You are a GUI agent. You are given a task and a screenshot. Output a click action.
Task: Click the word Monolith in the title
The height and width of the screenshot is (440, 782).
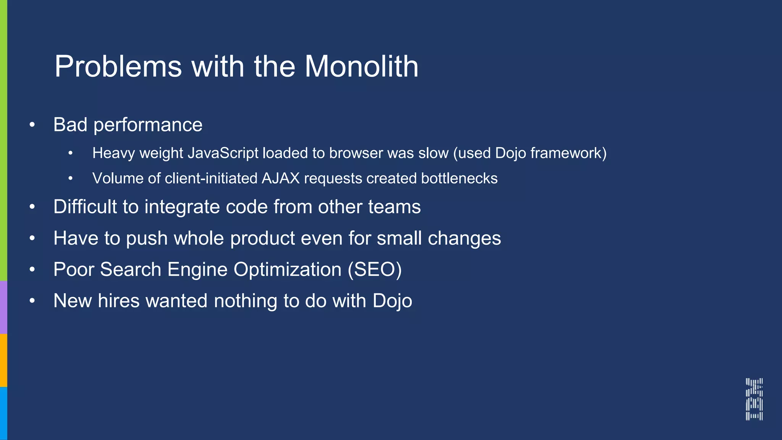point(361,66)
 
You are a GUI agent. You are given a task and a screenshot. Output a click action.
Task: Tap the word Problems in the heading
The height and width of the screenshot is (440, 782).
point(118,67)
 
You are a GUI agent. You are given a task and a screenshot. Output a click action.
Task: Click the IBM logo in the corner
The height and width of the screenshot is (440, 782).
point(754,399)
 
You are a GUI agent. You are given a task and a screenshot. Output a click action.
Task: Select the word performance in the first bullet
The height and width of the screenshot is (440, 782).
point(148,125)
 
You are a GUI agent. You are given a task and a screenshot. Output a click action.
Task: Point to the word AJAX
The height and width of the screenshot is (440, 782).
point(281,178)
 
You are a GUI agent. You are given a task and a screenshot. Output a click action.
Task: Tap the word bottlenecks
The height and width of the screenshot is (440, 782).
point(459,178)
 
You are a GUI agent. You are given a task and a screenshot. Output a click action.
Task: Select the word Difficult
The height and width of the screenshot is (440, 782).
point(85,207)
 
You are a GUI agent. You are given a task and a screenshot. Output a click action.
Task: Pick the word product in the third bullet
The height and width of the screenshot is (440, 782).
point(262,239)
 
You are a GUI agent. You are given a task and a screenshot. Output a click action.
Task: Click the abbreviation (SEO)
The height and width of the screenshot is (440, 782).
point(375,270)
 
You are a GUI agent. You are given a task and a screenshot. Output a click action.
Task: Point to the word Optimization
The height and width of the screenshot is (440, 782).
point(287,270)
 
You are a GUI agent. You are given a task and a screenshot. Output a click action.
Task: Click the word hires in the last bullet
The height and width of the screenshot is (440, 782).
point(118,301)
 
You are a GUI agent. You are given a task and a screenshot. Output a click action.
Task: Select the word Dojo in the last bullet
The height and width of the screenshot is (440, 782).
point(392,301)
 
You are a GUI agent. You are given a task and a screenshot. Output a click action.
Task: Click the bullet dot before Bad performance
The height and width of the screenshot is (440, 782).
point(32,125)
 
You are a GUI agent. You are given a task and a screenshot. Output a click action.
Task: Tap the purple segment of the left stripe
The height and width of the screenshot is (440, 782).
point(3,307)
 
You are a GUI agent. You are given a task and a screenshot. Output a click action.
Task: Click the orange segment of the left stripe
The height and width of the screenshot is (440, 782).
point(3,360)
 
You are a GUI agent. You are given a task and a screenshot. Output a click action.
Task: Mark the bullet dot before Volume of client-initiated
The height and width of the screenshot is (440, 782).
point(70,178)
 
